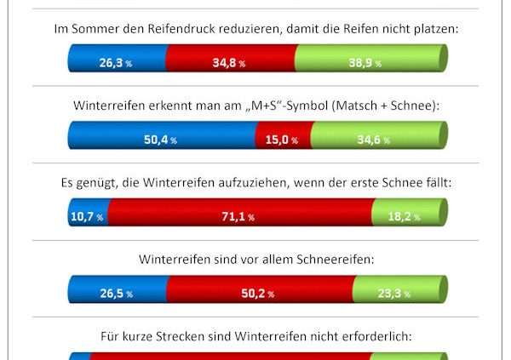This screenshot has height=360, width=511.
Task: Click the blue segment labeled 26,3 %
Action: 116,59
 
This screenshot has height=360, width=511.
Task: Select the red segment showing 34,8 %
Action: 230,59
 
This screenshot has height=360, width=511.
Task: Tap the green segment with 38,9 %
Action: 370,59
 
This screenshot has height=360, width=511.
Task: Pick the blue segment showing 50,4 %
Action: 162,137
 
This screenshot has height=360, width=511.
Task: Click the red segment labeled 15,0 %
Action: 284,137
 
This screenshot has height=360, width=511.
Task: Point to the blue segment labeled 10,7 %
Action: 87,214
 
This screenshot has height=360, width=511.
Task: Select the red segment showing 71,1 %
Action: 240,214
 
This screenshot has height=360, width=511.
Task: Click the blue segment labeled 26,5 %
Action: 117,292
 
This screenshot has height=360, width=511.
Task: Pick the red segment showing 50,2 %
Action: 260,292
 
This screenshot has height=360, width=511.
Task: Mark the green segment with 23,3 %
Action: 399,292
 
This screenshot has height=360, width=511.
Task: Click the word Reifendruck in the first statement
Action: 187,29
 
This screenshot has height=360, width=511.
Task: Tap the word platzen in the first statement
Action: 434,29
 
